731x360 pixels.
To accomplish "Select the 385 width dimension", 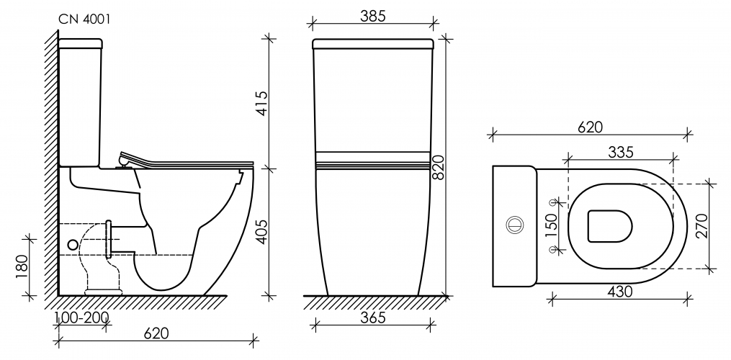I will tap(373, 16).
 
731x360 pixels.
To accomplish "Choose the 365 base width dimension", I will tap(373, 317).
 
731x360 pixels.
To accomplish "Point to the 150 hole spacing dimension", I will tap(551, 225).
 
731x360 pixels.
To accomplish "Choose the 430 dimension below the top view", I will tap(619, 292).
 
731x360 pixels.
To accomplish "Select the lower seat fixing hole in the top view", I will tap(554, 249).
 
